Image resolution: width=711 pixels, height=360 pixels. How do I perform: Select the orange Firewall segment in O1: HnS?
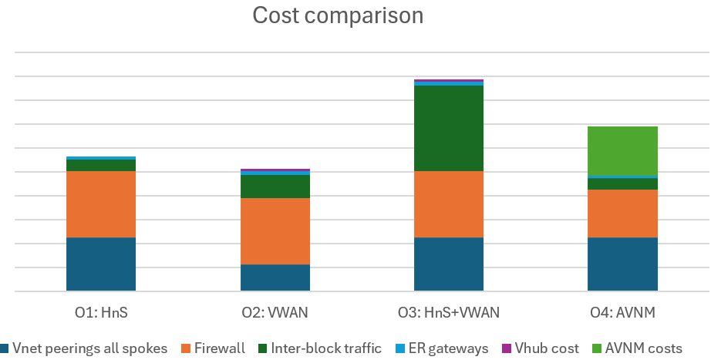(x=101, y=204)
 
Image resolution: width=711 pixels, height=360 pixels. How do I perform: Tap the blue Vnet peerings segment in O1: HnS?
(x=101, y=264)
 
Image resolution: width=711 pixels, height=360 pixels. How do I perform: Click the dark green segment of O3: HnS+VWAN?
(x=449, y=128)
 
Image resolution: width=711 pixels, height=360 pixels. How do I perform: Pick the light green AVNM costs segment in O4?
(x=623, y=151)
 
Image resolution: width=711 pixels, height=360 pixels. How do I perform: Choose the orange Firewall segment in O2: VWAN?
(x=275, y=231)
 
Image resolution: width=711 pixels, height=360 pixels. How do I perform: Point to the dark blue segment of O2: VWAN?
(x=275, y=278)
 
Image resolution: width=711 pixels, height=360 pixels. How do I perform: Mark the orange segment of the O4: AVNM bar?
(x=623, y=214)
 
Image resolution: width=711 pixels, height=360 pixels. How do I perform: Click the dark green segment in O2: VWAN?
(x=275, y=187)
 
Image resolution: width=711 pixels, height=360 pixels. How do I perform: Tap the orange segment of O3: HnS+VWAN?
(x=449, y=204)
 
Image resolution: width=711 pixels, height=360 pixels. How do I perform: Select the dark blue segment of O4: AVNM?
(x=623, y=264)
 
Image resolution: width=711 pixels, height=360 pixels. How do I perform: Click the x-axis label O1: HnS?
(x=101, y=312)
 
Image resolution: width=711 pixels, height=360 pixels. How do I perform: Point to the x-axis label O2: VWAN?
(x=275, y=312)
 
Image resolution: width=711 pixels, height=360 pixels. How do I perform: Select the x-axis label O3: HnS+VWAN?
(x=449, y=312)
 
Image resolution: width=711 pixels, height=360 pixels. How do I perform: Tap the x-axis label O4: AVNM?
(x=623, y=312)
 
